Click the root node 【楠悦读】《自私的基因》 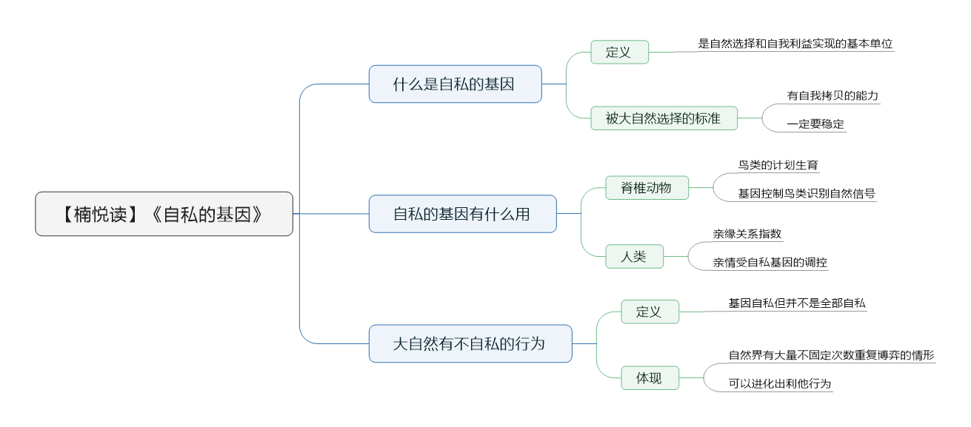(164, 214)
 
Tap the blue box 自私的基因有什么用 (462, 214)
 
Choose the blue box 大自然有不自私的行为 (470, 343)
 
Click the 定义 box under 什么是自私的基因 (619, 52)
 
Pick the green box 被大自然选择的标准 (664, 118)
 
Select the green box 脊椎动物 (647, 187)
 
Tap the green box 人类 (634, 256)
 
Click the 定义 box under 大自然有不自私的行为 (650, 312)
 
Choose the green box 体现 (650, 377)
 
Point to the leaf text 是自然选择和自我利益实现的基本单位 (795, 44)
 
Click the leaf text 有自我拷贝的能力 (832, 95)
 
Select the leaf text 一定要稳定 (815, 124)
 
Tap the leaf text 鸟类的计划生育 (778, 165)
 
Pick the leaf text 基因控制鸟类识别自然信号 (807, 194)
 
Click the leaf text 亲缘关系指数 (747, 234)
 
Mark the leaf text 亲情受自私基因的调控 (770, 262)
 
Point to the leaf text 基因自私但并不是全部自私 (797, 303)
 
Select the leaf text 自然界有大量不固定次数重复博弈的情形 (831, 355)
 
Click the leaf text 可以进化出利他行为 (780, 383)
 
